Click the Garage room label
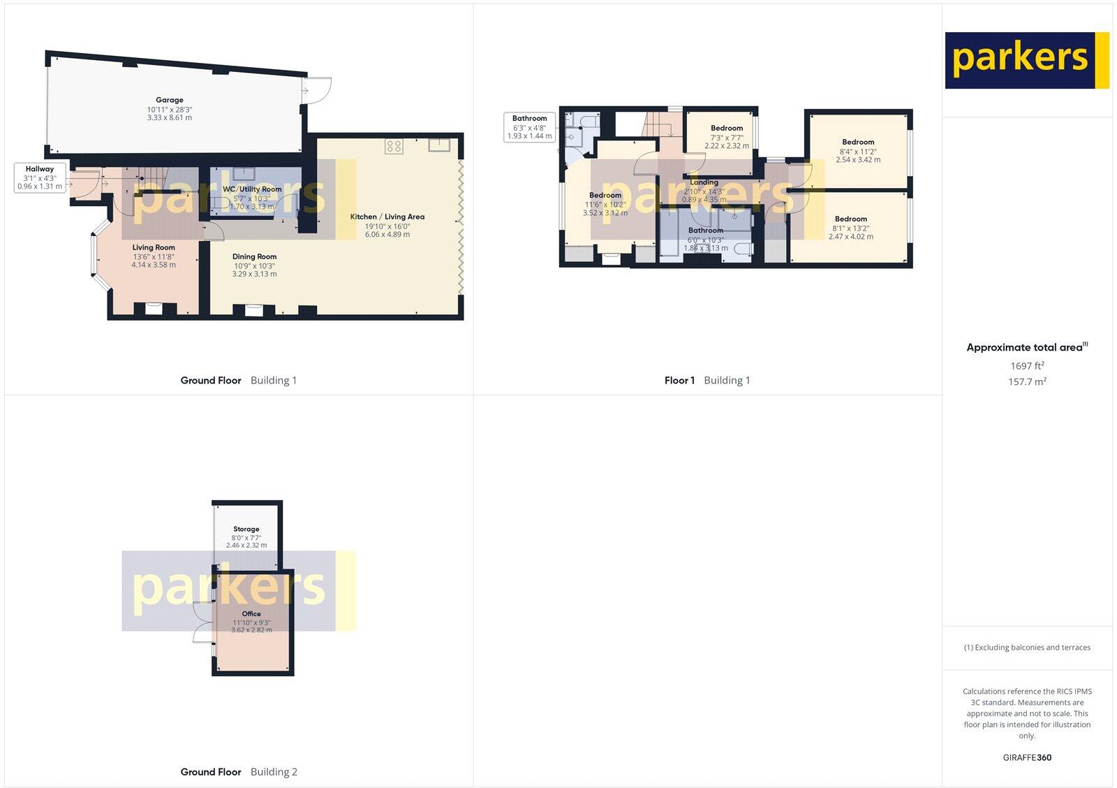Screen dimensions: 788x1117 pyautogui.click(x=170, y=101)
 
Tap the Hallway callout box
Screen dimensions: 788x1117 pyautogui.click(x=40, y=177)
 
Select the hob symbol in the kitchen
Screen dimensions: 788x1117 pyautogui.click(x=394, y=147)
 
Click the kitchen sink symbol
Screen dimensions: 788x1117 pyautogui.click(x=440, y=145)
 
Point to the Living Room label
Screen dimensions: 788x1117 pyautogui.click(x=154, y=247)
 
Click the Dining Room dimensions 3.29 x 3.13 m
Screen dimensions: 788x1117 pyautogui.click(x=254, y=274)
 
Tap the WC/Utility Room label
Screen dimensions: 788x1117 pyautogui.click(x=252, y=189)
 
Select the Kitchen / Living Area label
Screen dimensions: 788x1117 pyautogui.click(x=387, y=217)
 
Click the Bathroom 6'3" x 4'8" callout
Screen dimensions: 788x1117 pyautogui.click(x=529, y=127)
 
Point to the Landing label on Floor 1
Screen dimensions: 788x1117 pyautogui.click(x=704, y=182)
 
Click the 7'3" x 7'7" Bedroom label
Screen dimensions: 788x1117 pyautogui.click(x=727, y=129)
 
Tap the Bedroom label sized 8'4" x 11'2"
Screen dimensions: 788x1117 pyautogui.click(x=858, y=142)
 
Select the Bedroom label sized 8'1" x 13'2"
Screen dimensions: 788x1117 pyautogui.click(x=850, y=219)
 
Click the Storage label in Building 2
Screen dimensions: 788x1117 pyautogui.click(x=246, y=530)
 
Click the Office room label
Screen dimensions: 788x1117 pyautogui.click(x=251, y=614)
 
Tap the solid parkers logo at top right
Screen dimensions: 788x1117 pyautogui.click(x=1026, y=60)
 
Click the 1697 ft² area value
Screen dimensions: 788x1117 pyautogui.click(x=1027, y=366)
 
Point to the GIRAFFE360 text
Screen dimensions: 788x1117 pyautogui.click(x=1027, y=757)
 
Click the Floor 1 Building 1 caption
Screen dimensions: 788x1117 pyautogui.click(x=707, y=381)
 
